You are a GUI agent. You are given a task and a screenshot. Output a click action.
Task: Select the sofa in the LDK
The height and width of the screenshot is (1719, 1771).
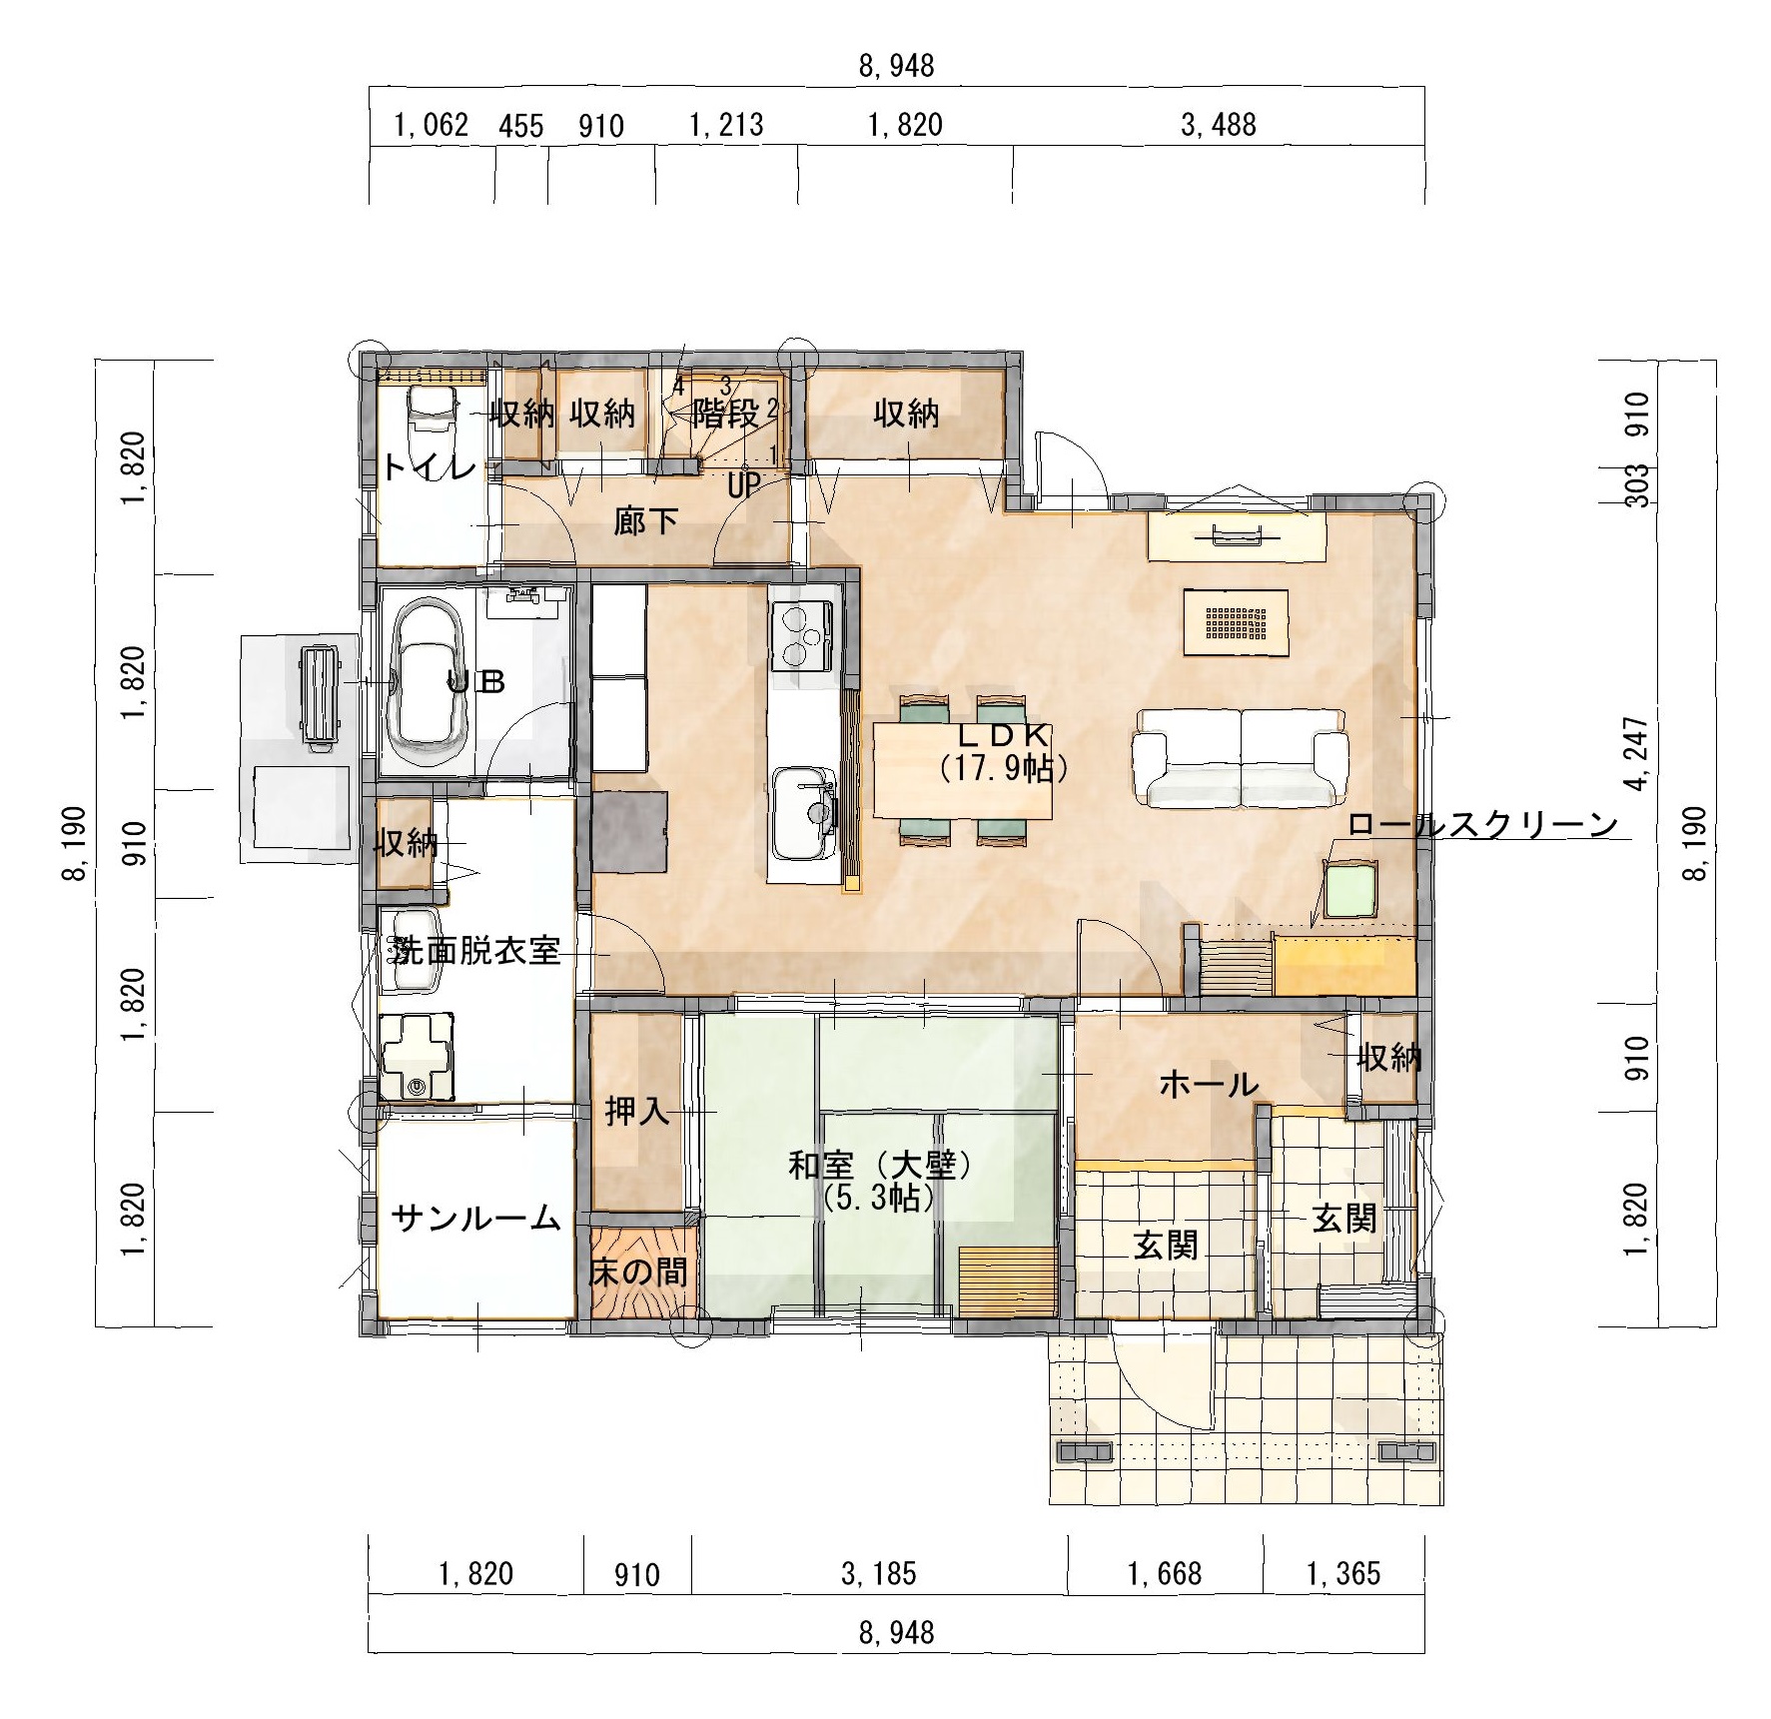click(x=1239, y=757)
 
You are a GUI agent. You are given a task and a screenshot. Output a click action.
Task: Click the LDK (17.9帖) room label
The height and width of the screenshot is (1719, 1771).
click(x=1003, y=752)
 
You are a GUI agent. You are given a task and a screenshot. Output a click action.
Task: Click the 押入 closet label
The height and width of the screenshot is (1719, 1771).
click(x=637, y=1111)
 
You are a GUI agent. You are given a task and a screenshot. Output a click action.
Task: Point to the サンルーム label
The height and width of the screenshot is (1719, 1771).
click(x=475, y=1218)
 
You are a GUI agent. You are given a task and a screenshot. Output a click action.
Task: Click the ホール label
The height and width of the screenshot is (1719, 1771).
click(x=1209, y=1083)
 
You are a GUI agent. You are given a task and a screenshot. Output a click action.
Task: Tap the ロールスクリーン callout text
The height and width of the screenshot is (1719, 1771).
click(x=1482, y=825)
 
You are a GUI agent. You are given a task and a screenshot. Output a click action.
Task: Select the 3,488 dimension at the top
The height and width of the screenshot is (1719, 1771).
click(x=1218, y=125)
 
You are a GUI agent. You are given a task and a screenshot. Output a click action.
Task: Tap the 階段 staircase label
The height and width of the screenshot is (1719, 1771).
click(x=726, y=413)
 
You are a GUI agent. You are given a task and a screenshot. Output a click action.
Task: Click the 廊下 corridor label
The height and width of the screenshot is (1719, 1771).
click(x=646, y=520)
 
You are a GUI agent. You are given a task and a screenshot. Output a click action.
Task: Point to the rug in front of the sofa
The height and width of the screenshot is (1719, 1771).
click(x=1236, y=622)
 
